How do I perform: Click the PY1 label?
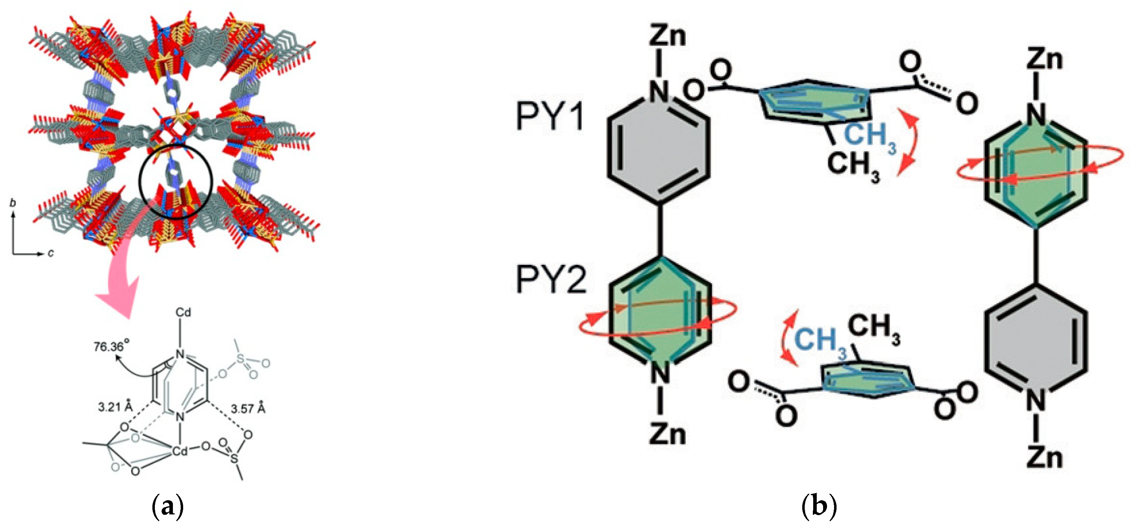point(550,117)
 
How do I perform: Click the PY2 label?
point(551,280)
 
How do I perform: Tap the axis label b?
point(13,203)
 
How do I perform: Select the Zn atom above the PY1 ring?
point(667,35)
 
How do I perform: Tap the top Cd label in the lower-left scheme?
point(184,313)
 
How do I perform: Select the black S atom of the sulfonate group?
point(234,459)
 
